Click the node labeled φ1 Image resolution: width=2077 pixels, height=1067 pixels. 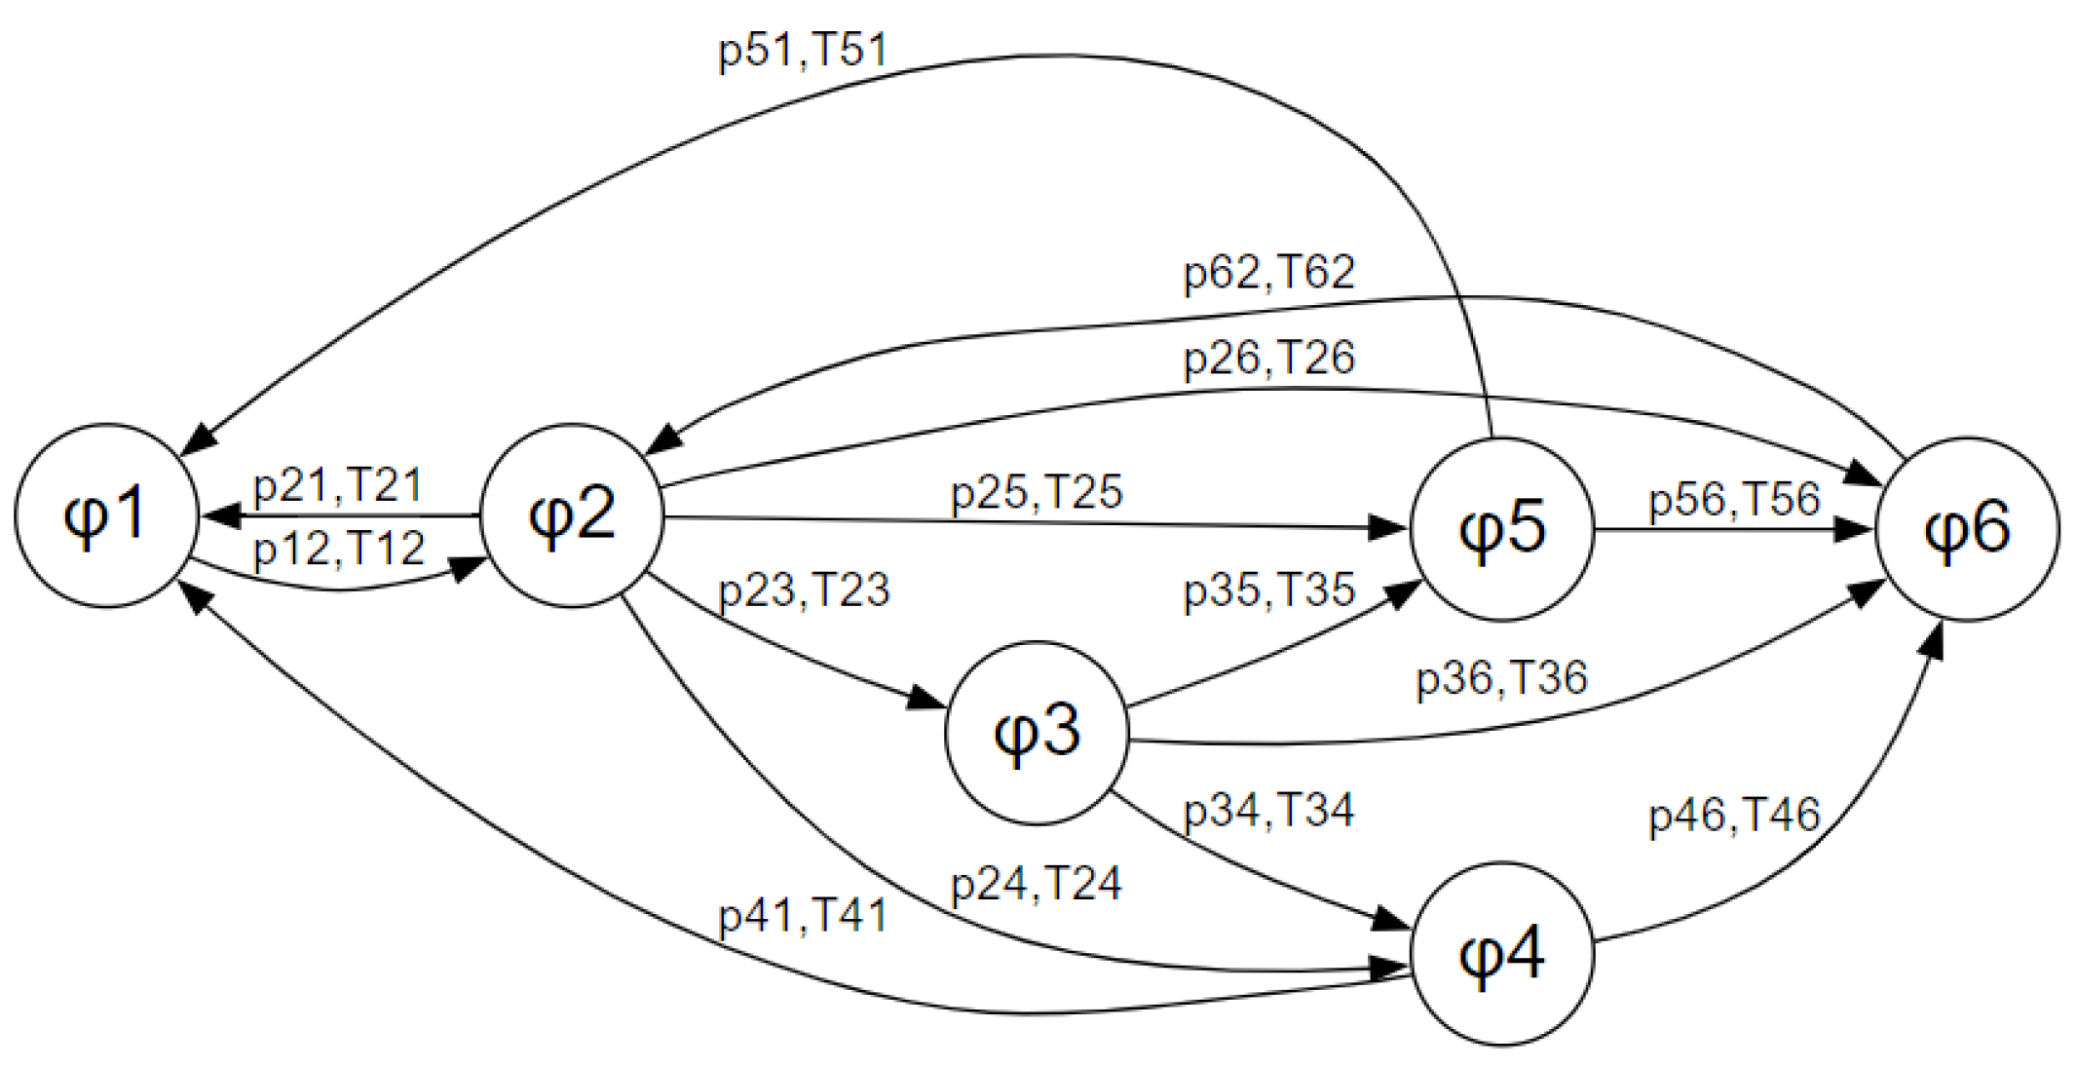[106, 515]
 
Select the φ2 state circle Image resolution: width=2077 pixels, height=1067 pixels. [571, 515]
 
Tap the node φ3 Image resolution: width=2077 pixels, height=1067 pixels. [1037, 733]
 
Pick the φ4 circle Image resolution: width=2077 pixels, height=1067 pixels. [1502, 953]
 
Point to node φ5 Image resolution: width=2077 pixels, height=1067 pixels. [1502, 528]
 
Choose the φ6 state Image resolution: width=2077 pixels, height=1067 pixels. [1967, 528]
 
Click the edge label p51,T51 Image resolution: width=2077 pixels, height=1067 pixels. [803, 50]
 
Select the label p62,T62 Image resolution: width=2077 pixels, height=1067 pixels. [1268, 272]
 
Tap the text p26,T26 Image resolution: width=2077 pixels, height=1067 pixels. [1268, 358]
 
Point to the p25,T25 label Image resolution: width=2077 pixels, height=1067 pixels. [1037, 492]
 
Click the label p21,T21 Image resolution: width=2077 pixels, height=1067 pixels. [337, 484]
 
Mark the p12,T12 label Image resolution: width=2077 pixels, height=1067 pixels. [339, 549]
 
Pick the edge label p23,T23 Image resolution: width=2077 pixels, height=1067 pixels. [804, 591]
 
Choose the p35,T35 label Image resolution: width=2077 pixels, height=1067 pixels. [1268, 591]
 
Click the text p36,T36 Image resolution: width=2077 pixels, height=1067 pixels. [1501, 677]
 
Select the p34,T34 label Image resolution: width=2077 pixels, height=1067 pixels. [1268, 810]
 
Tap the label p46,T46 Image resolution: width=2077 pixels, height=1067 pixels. [1734, 815]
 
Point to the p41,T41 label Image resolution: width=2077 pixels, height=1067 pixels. [803, 916]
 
